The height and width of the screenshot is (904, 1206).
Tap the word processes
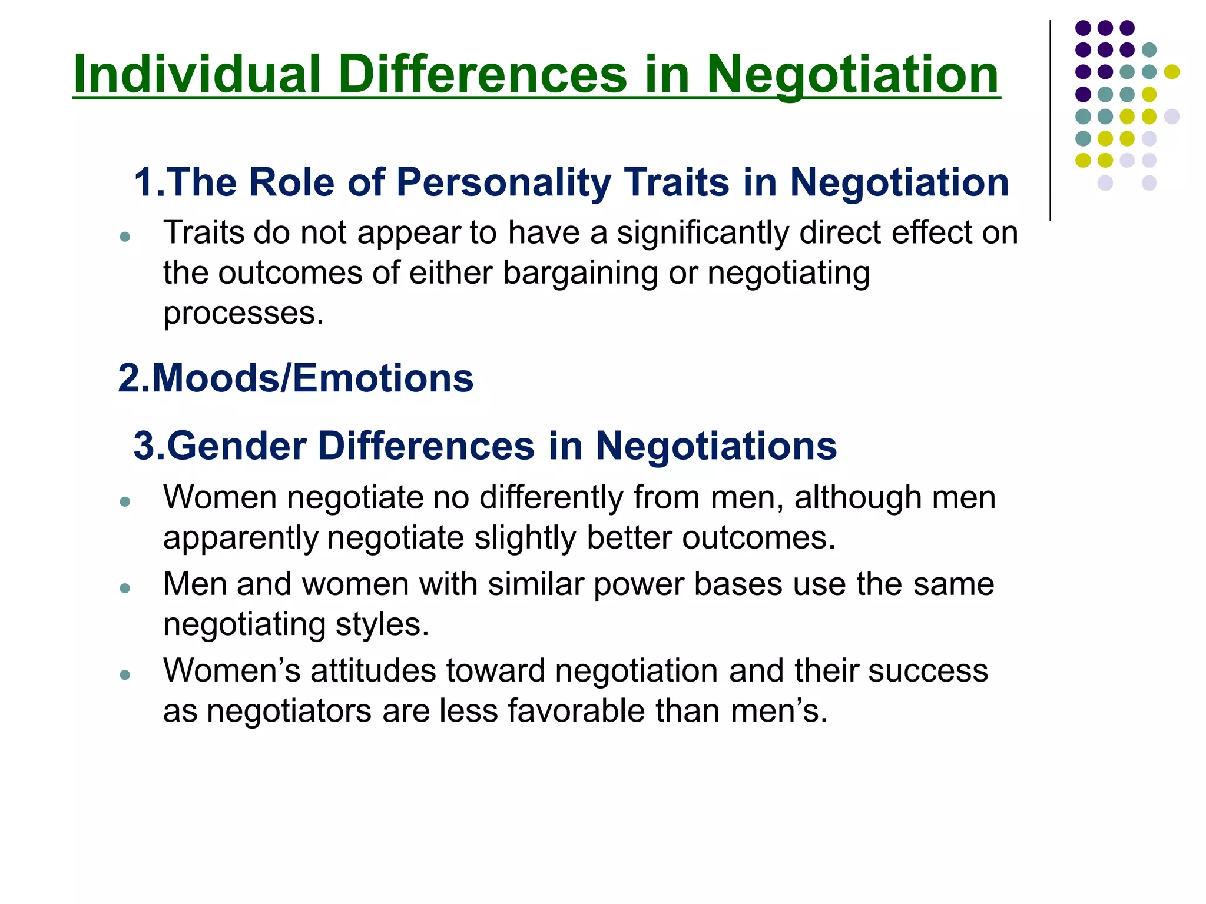tap(243, 314)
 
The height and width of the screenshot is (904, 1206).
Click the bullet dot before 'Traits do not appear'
tap(124, 237)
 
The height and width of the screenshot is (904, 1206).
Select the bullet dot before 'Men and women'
tap(124, 588)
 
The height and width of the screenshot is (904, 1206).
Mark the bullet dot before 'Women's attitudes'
tap(124, 674)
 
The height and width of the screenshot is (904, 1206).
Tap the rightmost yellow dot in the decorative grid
tap(1171, 72)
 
